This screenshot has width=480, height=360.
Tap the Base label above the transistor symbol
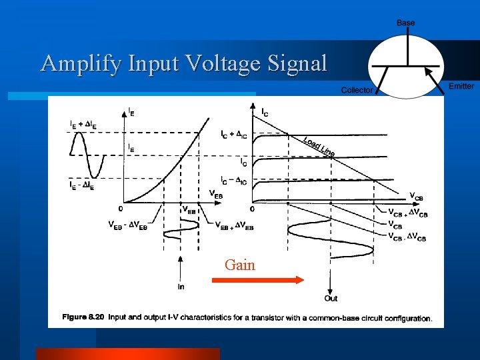[x=405, y=23]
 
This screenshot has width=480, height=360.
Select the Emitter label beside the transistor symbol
[x=461, y=86]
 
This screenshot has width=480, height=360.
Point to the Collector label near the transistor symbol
[x=357, y=90]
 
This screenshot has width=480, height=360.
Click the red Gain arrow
[x=257, y=281]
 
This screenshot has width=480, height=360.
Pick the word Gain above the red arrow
[x=240, y=265]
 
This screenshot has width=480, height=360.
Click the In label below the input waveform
[x=181, y=287]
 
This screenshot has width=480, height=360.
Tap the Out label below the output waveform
[x=331, y=298]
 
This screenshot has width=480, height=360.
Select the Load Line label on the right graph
[x=319, y=146]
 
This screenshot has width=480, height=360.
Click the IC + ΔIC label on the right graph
[x=234, y=134]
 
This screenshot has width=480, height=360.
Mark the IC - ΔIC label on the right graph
[x=234, y=181]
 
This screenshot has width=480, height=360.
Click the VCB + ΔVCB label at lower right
[x=408, y=212]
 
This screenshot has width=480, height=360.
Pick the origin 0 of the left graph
[x=120, y=209]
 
